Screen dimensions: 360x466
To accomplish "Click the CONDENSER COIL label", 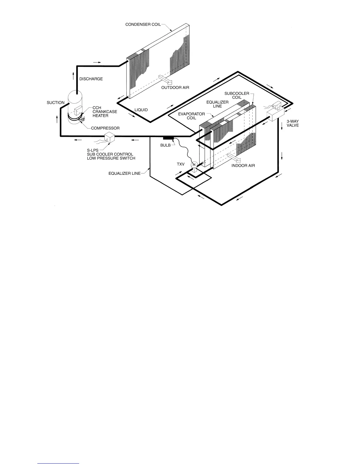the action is [x=143, y=24].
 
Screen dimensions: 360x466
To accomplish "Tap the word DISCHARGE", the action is [x=91, y=79].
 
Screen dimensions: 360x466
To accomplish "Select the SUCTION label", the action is [x=56, y=103].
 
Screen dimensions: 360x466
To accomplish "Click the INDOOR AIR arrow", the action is [x=234, y=157].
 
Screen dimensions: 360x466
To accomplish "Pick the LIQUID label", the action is [x=141, y=110].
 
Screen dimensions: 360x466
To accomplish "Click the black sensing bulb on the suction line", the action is [x=169, y=138].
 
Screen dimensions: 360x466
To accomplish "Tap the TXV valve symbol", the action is [x=194, y=166].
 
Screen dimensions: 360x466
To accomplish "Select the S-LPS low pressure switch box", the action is [x=110, y=137].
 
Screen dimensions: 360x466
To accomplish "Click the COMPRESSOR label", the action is [x=105, y=128].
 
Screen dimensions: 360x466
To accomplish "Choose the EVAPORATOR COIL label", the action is [x=191, y=116].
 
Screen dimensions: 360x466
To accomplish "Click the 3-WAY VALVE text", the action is [x=292, y=123].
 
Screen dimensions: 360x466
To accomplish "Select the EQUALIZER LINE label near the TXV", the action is [x=124, y=174].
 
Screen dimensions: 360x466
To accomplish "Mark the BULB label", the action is [x=165, y=145].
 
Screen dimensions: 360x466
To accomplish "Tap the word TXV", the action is [x=181, y=164].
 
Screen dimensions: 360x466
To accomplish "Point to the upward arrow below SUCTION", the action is [x=57, y=119].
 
